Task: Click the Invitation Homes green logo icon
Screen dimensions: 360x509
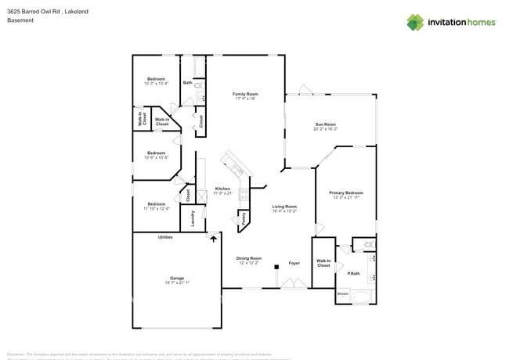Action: (x=415, y=22)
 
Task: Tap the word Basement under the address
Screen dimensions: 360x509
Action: (x=20, y=21)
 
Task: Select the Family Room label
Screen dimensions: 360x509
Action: (x=245, y=94)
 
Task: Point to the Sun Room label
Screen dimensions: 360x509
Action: (x=325, y=124)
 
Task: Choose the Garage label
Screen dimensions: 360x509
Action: (x=178, y=279)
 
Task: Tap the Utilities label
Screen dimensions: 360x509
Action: (x=165, y=237)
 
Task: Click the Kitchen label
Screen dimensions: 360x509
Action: (x=222, y=189)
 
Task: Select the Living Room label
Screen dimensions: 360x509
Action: (x=283, y=207)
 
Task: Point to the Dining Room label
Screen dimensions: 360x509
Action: (x=250, y=258)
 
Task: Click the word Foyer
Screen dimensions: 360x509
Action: (x=294, y=263)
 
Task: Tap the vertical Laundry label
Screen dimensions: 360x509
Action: (x=192, y=218)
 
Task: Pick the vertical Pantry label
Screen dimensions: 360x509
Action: (x=244, y=218)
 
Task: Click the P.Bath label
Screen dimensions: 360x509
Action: (x=354, y=273)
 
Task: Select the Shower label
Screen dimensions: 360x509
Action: (x=342, y=294)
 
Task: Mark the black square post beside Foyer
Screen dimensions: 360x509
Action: (x=276, y=267)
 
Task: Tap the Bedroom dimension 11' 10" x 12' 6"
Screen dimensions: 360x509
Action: (x=156, y=209)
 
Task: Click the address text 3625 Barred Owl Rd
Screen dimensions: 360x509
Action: (x=36, y=12)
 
